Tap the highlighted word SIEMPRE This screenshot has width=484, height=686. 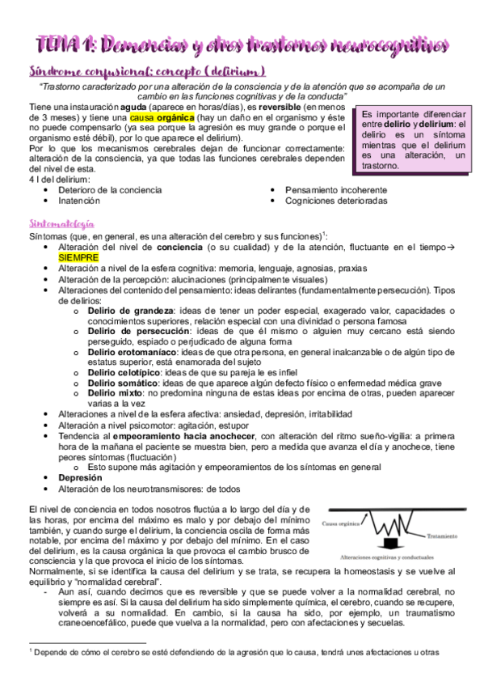pos(78,256)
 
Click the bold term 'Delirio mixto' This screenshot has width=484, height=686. pos(114,392)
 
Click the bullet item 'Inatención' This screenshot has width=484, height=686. pos(79,199)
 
